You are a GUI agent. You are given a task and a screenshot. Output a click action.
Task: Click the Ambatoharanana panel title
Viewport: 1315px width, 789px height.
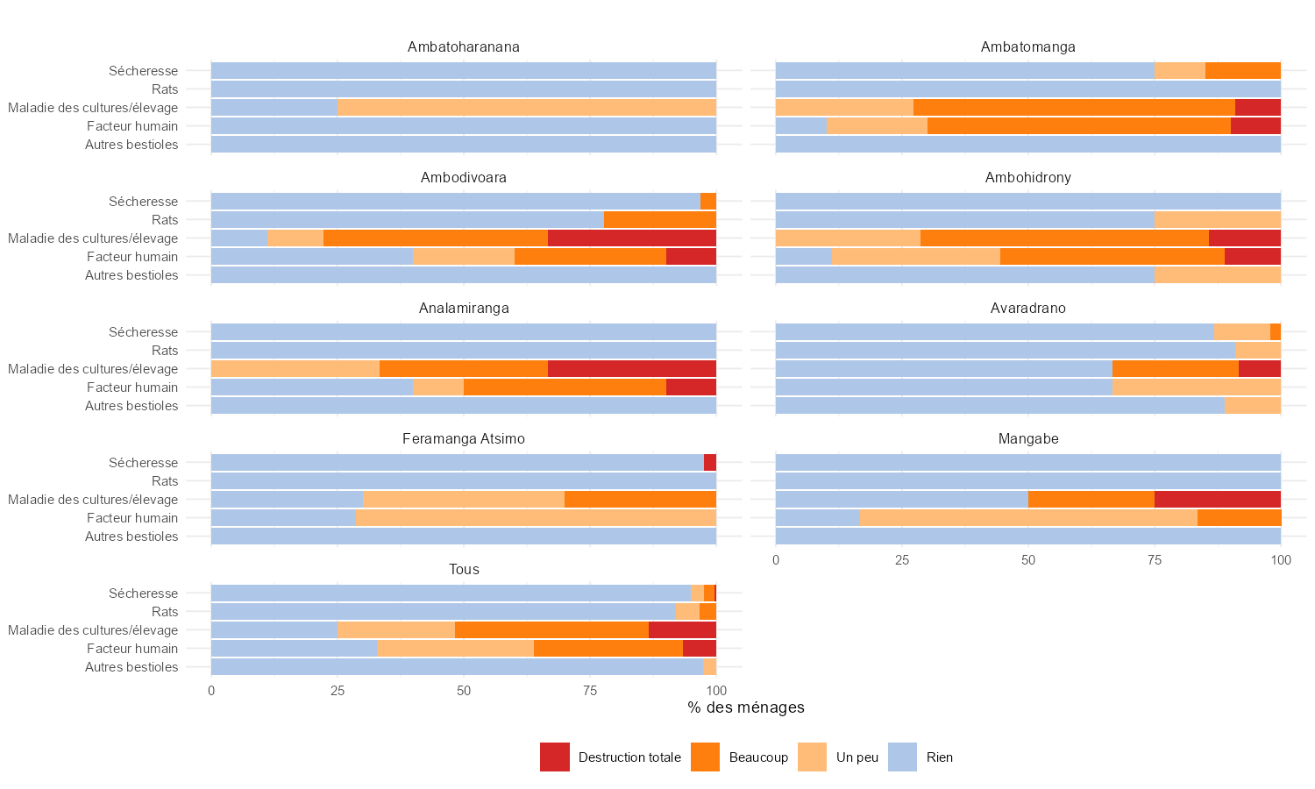pyautogui.click(x=463, y=47)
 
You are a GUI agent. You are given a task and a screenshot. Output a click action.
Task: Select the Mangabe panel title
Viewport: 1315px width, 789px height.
pyautogui.click(x=1027, y=439)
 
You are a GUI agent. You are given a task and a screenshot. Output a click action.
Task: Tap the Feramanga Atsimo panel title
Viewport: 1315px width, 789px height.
pyautogui.click(x=463, y=439)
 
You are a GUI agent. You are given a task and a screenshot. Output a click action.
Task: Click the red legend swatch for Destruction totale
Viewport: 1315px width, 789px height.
pyautogui.click(x=554, y=757)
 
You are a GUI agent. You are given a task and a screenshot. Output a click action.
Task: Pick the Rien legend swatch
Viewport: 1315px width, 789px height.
pyautogui.click(x=902, y=757)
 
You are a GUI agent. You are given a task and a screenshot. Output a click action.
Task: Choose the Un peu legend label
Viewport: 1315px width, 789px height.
pyautogui.click(x=857, y=757)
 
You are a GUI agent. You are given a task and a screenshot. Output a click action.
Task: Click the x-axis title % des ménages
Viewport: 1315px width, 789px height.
pyautogui.click(x=745, y=707)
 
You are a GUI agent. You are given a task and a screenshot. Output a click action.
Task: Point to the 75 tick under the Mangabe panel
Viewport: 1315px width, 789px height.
pyautogui.click(x=1154, y=560)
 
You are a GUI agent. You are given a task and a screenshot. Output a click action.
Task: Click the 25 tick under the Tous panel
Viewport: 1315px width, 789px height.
pyautogui.click(x=338, y=691)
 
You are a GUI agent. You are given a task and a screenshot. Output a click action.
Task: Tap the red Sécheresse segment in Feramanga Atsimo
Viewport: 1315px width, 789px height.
pyautogui.click(x=710, y=463)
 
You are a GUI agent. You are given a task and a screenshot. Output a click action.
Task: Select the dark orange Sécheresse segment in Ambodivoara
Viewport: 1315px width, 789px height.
pyautogui.click(x=708, y=202)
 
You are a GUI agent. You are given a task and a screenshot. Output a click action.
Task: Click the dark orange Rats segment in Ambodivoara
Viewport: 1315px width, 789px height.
pyautogui.click(x=659, y=220)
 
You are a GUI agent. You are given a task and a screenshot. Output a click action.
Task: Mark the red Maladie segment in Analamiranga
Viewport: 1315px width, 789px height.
pyautogui.click(x=631, y=369)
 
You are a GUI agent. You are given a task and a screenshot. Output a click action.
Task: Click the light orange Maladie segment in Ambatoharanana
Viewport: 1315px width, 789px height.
pyautogui.click(x=526, y=108)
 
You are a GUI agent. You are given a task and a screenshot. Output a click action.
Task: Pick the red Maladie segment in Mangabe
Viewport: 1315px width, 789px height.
pyautogui.click(x=1217, y=500)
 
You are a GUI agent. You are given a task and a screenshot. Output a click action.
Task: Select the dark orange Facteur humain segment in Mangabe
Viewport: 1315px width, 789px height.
pyautogui.click(x=1239, y=518)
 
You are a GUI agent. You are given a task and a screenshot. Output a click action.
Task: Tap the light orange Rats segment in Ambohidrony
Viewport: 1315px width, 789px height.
pyautogui.click(x=1217, y=220)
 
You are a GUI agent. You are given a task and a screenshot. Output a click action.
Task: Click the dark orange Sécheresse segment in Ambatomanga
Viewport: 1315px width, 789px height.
pyautogui.click(x=1242, y=71)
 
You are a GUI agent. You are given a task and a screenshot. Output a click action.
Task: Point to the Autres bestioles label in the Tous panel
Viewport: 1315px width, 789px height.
pyautogui.click(x=131, y=667)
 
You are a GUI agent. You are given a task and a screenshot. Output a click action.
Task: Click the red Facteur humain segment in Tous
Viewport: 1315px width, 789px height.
pyautogui.click(x=699, y=649)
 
